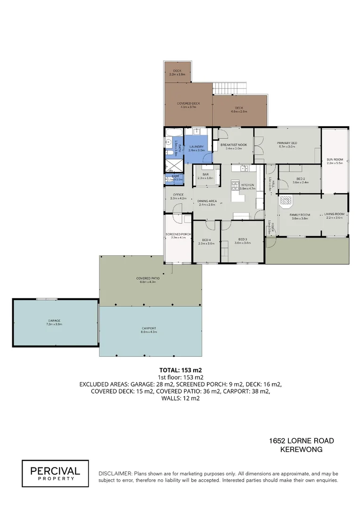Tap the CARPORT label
pyautogui.click(x=148, y=328)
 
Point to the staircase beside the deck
pyautogui.click(x=230, y=88)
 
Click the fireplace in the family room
pyautogui.click(x=286, y=202)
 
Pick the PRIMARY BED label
pyautogui.click(x=286, y=143)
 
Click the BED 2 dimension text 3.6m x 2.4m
pyautogui.click(x=300, y=182)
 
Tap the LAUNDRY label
pyautogui.click(x=196, y=147)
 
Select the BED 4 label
pyautogui.click(x=207, y=239)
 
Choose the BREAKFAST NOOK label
pyautogui.click(x=231, y=145)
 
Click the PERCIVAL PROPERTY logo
pyautogui.click(x=55, y=473)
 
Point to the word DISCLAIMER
pyautogui.click(x=115, y=473)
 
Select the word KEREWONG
pyautogui.click(x=301, y=450)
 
